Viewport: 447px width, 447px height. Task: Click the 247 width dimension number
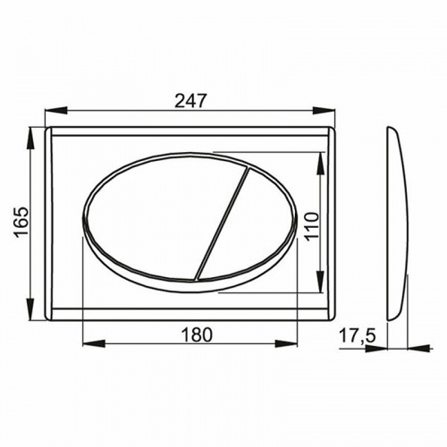click(x=187, y=101)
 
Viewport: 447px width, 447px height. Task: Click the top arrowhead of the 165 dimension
click(x=35, y=131)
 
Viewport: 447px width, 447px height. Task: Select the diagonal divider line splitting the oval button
click(x=221, y=223)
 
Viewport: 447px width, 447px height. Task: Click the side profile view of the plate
click(x=396, y=223)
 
